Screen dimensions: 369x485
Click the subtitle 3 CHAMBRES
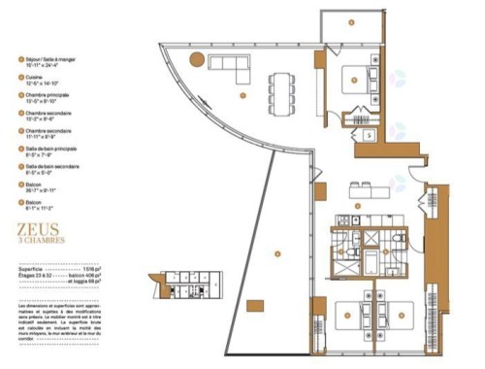[40, 242]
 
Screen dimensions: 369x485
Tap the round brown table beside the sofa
[197, 59]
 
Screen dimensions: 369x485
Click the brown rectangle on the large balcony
[254, 306]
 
